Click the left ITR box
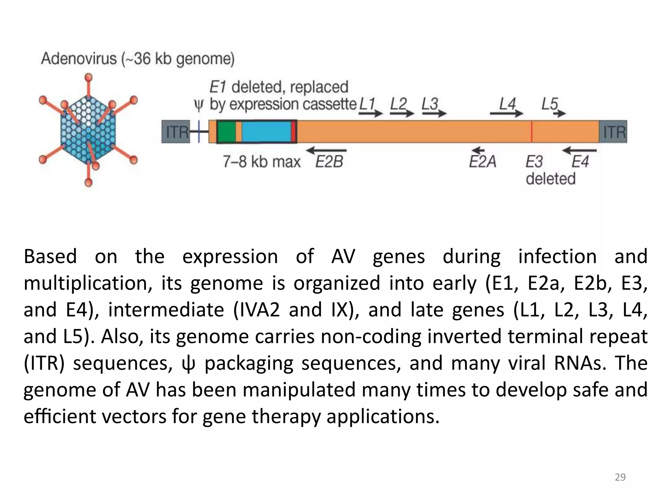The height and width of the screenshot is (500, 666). (x=176, y=132)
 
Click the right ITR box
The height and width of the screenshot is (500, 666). (x=613, y=132)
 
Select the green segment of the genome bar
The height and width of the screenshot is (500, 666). (x=226, y=132)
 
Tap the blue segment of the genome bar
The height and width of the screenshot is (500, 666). (x=266, y=132)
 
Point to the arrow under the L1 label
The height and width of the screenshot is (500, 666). (x=371, y=113)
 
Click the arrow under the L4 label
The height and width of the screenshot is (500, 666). (x=506, y=113)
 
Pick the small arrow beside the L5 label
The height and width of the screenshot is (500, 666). (x=560, y=113)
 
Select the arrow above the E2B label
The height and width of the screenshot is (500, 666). (x=326, y=150)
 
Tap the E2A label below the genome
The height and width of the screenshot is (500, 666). (x=483, y=162)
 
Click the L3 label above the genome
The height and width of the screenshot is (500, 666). (x=430, y=104)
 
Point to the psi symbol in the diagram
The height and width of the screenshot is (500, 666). (x=198, y=105)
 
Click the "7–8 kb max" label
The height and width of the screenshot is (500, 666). (x=261, y=162)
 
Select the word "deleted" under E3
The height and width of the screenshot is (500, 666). (x=551, y=179)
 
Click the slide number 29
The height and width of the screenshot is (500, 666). (x=620, y=477)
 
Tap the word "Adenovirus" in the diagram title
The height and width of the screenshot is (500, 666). (x=79, y=59)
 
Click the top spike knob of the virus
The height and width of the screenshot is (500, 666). (x=88, y=77)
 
